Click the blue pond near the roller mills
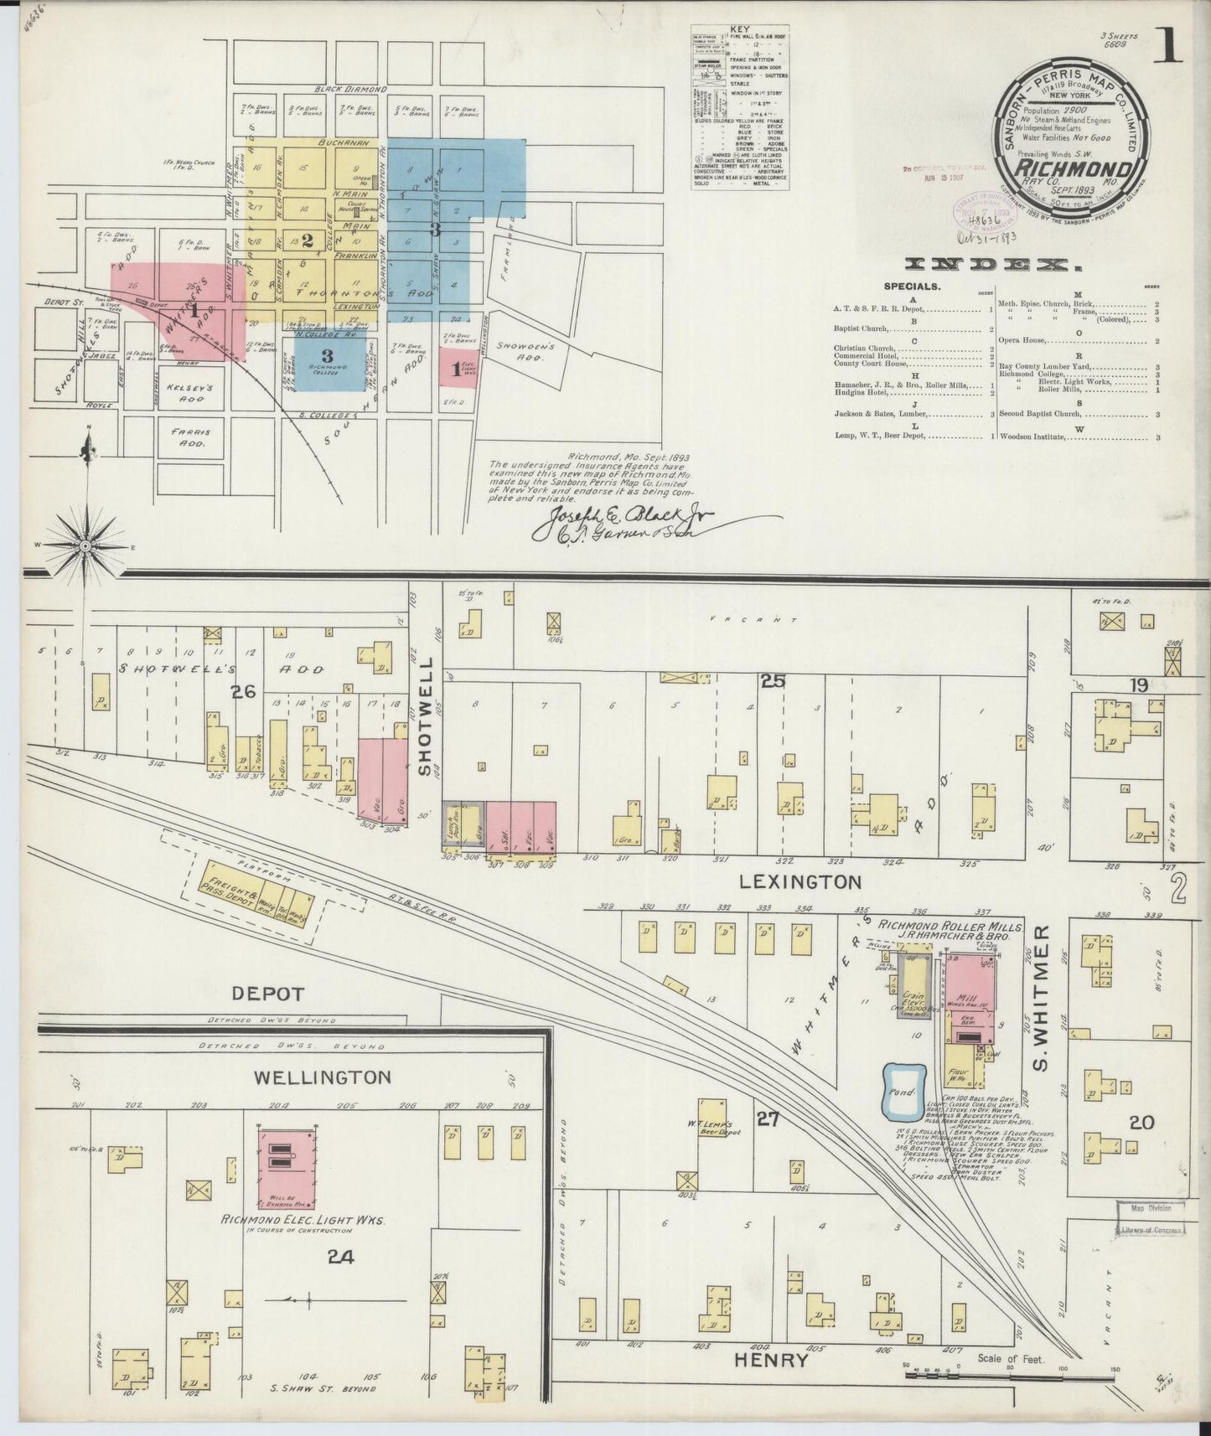(904, 1090)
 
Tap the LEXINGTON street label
(801, 881)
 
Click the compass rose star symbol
(86, 545)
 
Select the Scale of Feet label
(1010, 1359)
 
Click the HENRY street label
(770, 1361)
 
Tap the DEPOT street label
(267, 994)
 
